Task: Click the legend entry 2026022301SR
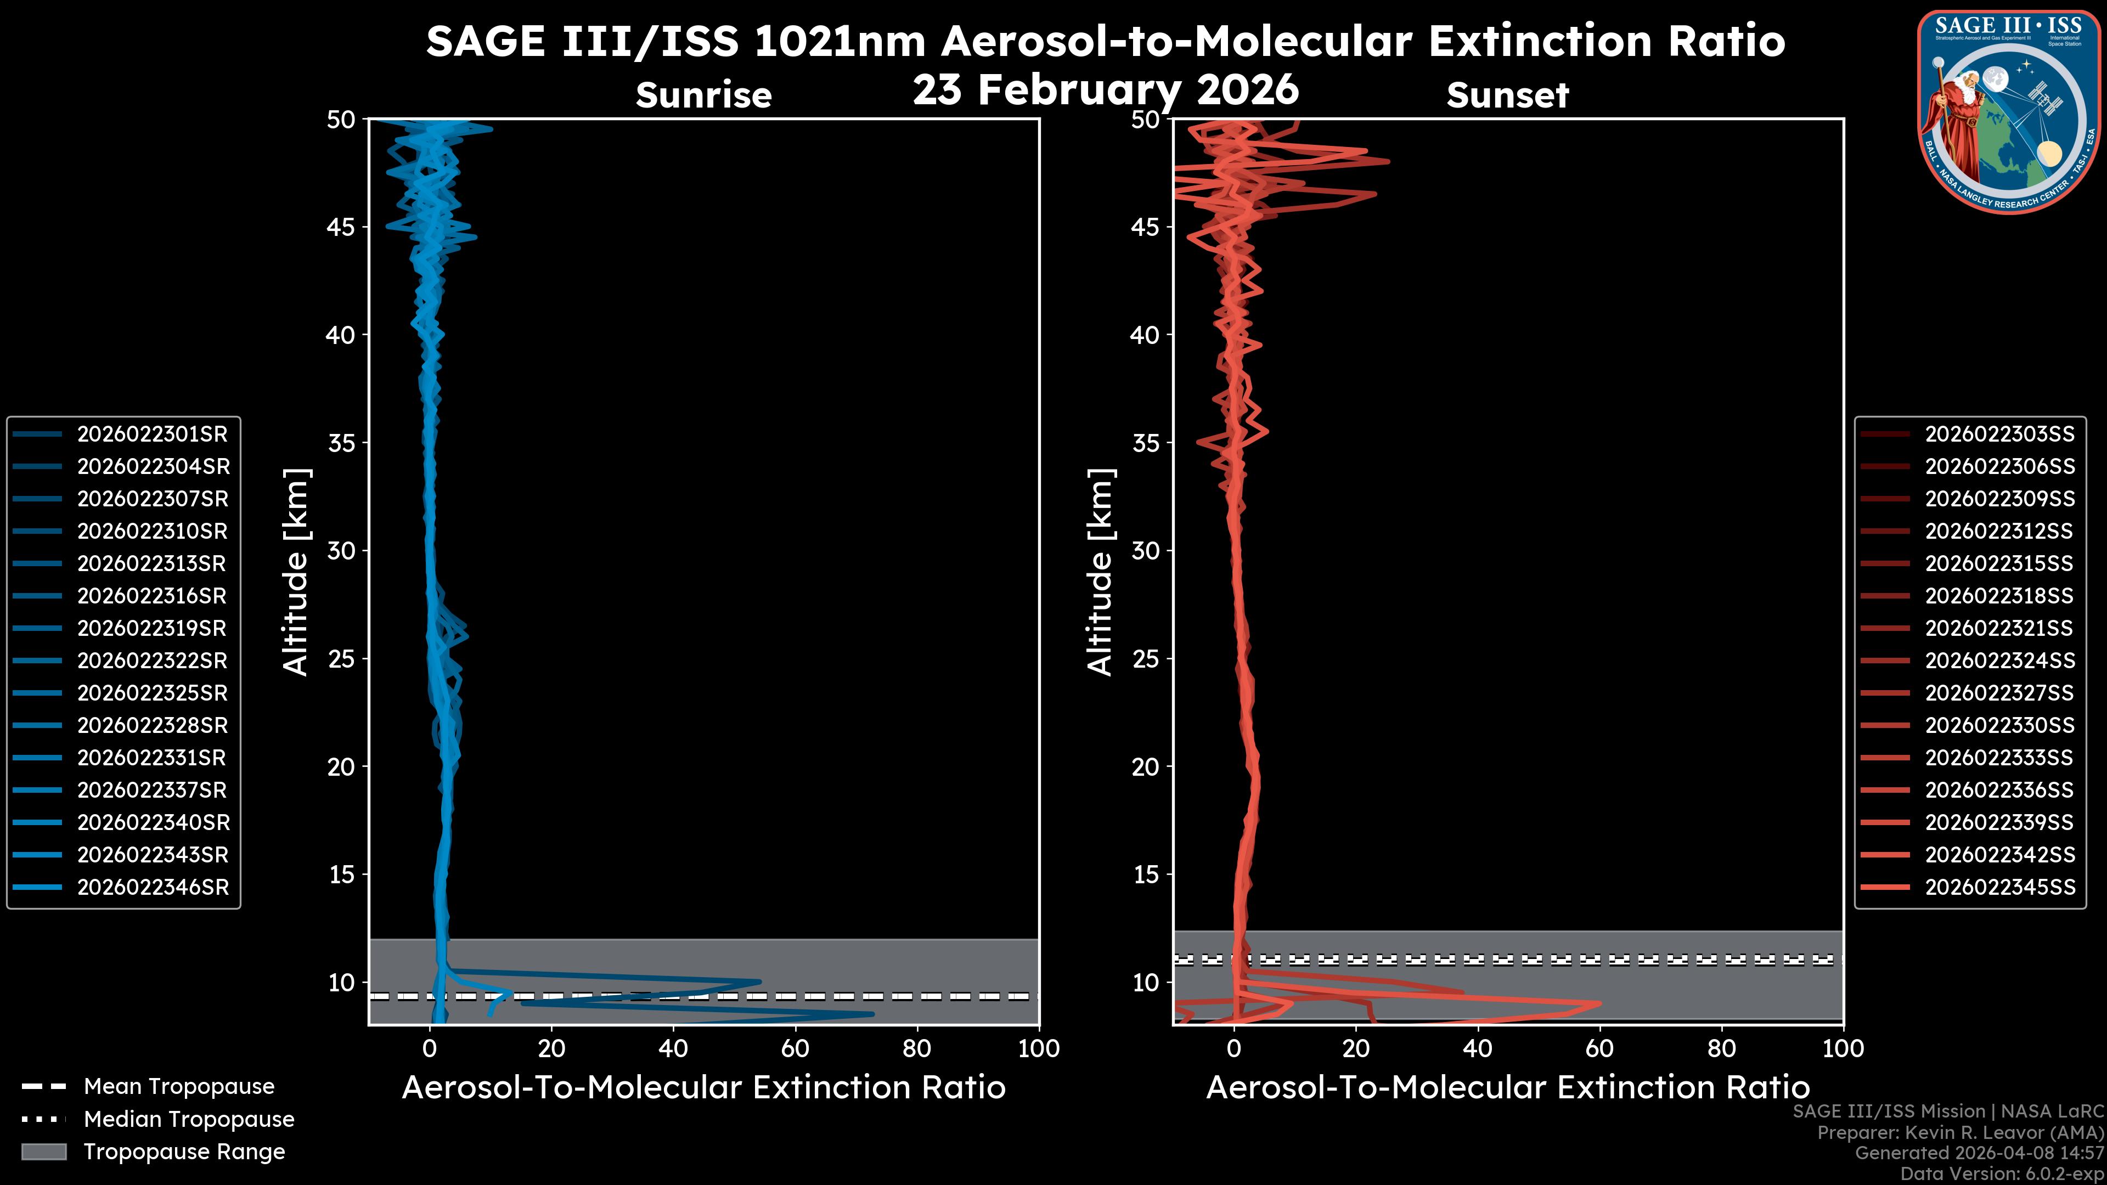coord(152,435)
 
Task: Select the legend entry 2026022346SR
coord(152,887)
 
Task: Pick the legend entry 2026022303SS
coord(1999,435)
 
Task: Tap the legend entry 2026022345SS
coord(1999,887)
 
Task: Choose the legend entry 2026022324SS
coord(1999,661)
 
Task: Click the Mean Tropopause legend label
coord(178,1087)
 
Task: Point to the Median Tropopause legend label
coord(188,1120)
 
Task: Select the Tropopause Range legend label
coord(184,1152)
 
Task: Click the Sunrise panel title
coord(703,95)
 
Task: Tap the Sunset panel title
coord(1507,95)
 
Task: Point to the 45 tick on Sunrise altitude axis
coord(341,227)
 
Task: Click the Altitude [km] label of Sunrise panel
coord(296,572)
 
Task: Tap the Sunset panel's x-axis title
coord(1507,1088)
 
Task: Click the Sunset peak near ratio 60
coord(1599,1003)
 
